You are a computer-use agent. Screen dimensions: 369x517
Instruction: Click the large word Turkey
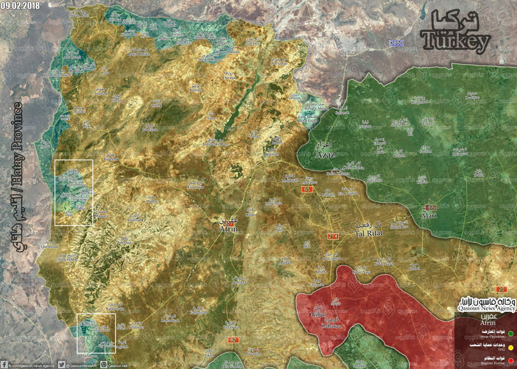[x=455, y=43]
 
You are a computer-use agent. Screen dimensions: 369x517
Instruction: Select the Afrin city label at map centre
[x=229, y=230]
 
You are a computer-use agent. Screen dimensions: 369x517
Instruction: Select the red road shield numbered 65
[x=306, y=189]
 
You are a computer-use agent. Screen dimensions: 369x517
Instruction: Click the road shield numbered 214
[x=333, y=236]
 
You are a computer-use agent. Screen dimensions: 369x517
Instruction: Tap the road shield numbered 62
[x=232, y=340]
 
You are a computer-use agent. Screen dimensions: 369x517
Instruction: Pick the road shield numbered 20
[x=509, y=290]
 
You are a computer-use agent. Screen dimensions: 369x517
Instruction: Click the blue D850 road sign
[x=396, y=43]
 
